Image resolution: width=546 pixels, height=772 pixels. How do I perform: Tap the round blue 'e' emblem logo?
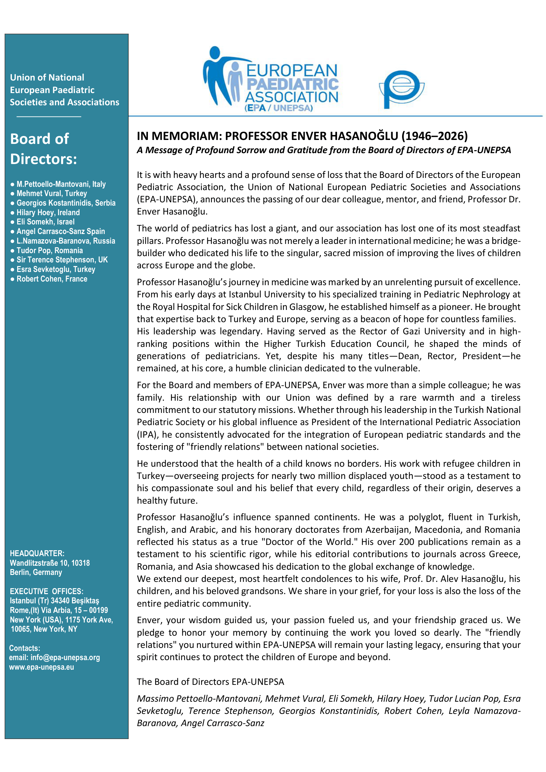[x=401, y=89]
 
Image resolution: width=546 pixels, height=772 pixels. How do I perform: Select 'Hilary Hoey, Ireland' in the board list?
[x=48, y=213]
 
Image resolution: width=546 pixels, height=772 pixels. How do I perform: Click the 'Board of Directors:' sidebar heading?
[x=43, y=149]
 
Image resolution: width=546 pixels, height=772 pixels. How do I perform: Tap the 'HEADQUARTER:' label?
[x=37, y=553]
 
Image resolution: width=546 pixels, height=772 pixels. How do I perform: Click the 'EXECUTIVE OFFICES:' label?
[x=47, y=591]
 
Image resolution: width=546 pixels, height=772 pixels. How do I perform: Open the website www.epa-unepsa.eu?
[x=41, y=667]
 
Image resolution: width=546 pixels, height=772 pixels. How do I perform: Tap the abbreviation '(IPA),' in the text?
[x=148, y=434]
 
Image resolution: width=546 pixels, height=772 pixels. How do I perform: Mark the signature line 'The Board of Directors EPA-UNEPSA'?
[x=210, y=682]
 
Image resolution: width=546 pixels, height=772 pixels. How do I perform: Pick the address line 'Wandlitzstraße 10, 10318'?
[x=50, y=563]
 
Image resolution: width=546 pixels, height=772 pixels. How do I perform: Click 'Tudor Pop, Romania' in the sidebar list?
[x=50, y=251]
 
